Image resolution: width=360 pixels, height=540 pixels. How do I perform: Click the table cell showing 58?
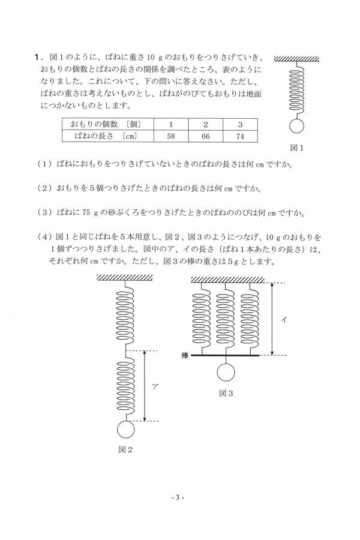click(170, 136)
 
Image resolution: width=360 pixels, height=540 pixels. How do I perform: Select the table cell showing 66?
click(205, 136)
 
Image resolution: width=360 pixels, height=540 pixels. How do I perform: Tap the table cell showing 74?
click(240, 136)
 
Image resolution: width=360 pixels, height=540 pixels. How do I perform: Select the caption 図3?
click(226, 394)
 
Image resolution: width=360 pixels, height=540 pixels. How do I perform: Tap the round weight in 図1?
click(297, 126)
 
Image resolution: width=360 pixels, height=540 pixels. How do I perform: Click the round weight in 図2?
click(126, 430)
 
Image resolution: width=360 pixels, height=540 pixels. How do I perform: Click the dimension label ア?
click(155, 386)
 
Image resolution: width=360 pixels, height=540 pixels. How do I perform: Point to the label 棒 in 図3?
click(185, 356)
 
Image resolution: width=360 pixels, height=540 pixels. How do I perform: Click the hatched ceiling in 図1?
click(297, 58)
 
